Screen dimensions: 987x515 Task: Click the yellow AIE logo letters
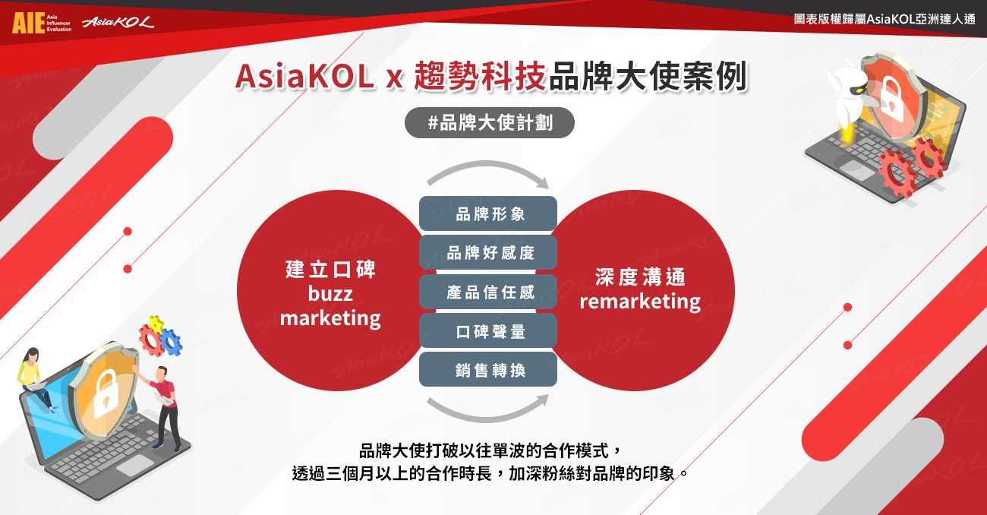tap(29, 23)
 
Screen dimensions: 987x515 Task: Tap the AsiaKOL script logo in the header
tap(118, 21)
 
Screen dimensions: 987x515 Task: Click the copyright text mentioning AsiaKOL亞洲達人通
tap(885, 19)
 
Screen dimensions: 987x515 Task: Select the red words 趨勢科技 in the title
tap(480, 77)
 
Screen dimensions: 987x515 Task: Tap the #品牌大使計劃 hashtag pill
tap(490, 122)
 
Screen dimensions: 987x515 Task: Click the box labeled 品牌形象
tap(488, 213)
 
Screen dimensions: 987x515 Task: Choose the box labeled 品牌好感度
tap(488, 252)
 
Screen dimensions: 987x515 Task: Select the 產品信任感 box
tap(488, 292)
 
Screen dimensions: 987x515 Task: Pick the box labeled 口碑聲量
tap(488, 330)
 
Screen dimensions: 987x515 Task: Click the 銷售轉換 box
tap(488, 369)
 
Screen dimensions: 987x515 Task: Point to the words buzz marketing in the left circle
tap(330, 306)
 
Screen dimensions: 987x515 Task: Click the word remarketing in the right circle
tap(640, 302)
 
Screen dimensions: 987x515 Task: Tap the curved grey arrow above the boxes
tap(487, 164)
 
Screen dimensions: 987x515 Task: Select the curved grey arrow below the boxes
tap(487, 419)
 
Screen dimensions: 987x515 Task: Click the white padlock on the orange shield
tap(105, 395)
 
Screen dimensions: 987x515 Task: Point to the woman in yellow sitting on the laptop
tap(35, 379)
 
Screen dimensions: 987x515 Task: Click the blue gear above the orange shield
tap(171, 342)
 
